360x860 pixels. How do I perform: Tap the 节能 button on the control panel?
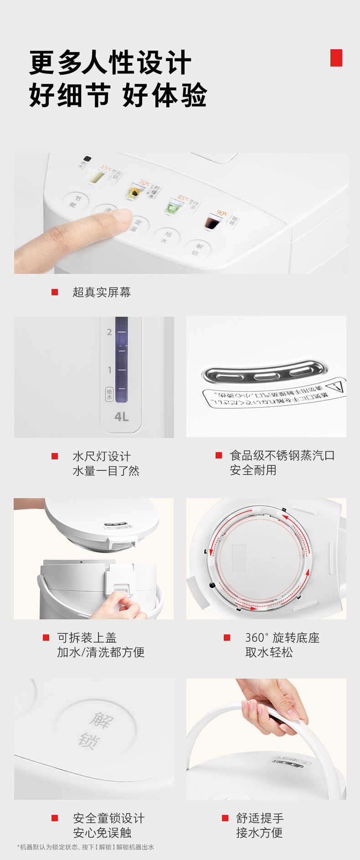coord(75,201)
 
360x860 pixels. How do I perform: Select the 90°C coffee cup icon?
coord(211,222)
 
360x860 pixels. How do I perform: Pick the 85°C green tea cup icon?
coord(172,207)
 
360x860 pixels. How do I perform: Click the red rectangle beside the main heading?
coord(336,58)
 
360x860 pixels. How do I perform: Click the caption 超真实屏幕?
coord(102,292)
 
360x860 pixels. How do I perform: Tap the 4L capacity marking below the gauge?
coord(121,417)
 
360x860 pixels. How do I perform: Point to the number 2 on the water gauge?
coord(109,332)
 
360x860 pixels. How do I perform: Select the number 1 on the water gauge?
coord(109,370)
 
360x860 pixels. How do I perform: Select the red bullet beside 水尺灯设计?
coord(55,456)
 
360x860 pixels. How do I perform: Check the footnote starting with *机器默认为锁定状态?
coord(86,847)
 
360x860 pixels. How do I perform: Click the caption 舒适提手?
coord(260,818)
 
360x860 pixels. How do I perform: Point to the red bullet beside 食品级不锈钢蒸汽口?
coord(219,455)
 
